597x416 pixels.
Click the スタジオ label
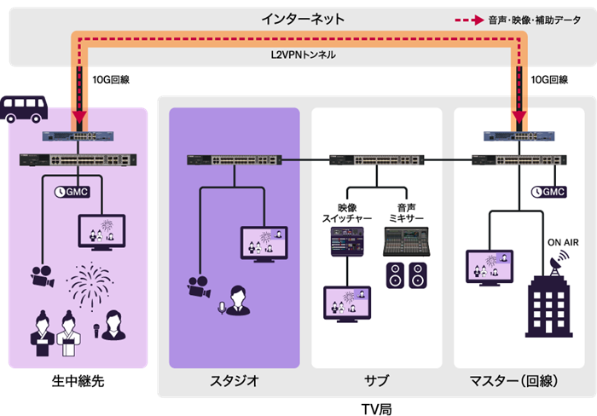pyautogui.click(x=234, y=380)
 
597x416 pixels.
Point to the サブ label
pyautogui.click(x=376, y=380)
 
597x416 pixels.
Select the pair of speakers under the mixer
pyautogui.click(x=406, y=275)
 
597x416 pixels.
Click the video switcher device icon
pyautogui.click(x=346, y=245)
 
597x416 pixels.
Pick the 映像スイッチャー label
pyautogui.click(x=347, y=214)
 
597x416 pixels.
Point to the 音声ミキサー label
pyautogui.click(x=406, y=214)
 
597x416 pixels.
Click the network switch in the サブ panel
pyautogui.click(x=376, y=159)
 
